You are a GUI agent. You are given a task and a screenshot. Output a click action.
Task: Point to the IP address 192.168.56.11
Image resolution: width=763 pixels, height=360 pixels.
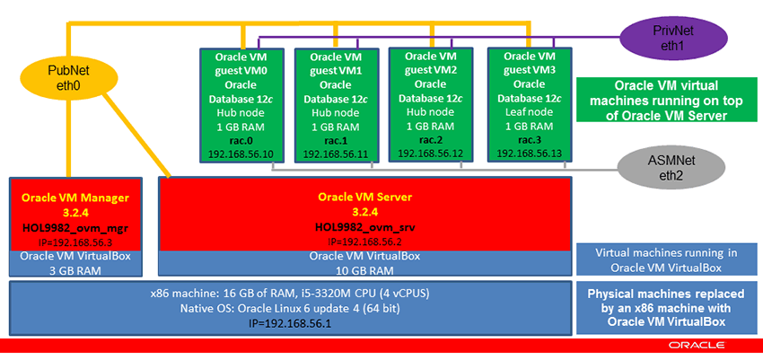pos(334,154)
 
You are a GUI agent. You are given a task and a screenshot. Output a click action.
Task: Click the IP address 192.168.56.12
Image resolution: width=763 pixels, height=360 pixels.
pos(430,154)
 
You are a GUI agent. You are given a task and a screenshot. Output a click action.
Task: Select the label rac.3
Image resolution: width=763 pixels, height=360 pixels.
pos(527,140)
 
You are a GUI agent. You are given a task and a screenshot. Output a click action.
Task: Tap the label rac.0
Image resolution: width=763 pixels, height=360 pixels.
pos(238,140)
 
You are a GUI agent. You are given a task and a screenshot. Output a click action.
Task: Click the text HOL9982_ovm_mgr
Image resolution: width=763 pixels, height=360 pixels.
pos(75,227)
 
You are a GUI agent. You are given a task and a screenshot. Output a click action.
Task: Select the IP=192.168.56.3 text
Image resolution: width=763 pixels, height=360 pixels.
pos(75,241)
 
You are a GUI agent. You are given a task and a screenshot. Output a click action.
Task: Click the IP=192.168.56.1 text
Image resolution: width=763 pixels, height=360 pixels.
pos(290,322)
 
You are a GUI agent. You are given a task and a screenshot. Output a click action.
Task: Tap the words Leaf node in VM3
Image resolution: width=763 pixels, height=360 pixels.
pos(527,113)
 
